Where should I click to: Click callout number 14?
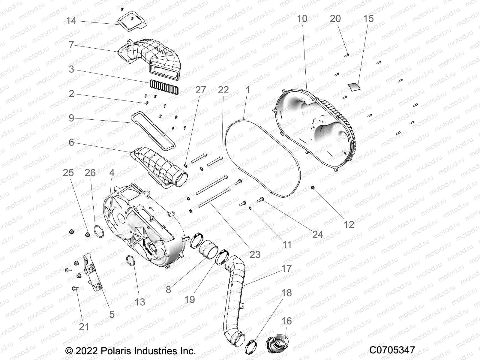pyautogui.click(x=71, y=21)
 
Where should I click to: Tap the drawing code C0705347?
pyautogui.click(x=392, y=350)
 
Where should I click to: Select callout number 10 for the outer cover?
pyautogui.click(x=302, y=19)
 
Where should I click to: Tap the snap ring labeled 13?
pyautogui.click(x=131, y=260)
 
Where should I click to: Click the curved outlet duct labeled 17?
pyautogui.click(x=235, y=288)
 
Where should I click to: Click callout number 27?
pyautogui.click(x=201, y=90)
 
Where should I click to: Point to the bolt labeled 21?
pyautogui.click(x=75, y=288)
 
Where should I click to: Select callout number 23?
pyautogui.click(x=255, y=254)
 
